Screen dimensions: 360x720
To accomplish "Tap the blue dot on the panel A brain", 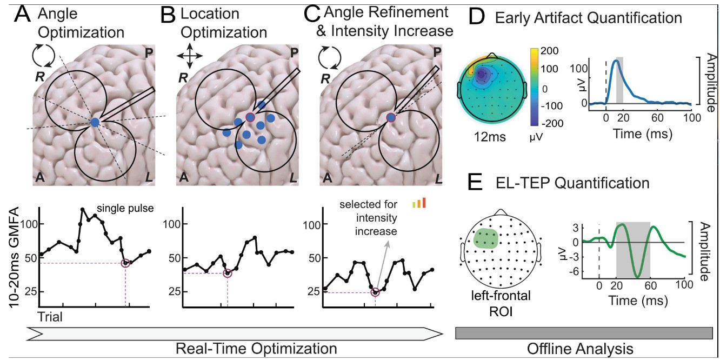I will tap(95, 123).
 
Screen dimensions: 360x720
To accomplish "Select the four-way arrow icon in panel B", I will tap(186, 56).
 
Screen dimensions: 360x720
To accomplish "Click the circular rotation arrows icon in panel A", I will tap(43, 56).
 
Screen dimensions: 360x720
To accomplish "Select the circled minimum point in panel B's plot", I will tap(228, 273).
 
